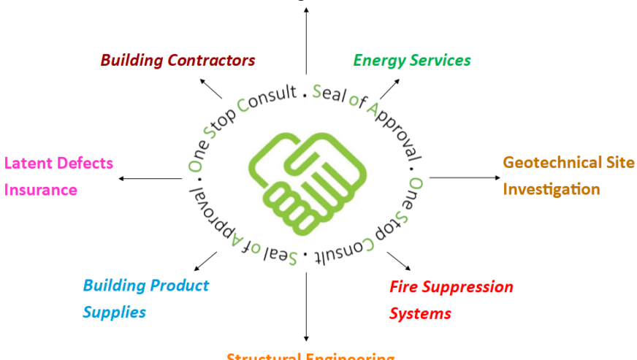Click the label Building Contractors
pos(178,60)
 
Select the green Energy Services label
pos(412,60)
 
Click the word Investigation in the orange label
pos(552,189)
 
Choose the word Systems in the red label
pos(419,314)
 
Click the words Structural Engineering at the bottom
pos(310,356)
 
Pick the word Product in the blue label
pos(180,286)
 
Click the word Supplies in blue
pos(114,313)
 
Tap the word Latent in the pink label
pos(27,162)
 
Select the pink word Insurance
pos(41,190)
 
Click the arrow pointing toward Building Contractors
pos(212,88)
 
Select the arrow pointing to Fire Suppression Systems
pos(398,261)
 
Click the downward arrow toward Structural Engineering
pos(306,307)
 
